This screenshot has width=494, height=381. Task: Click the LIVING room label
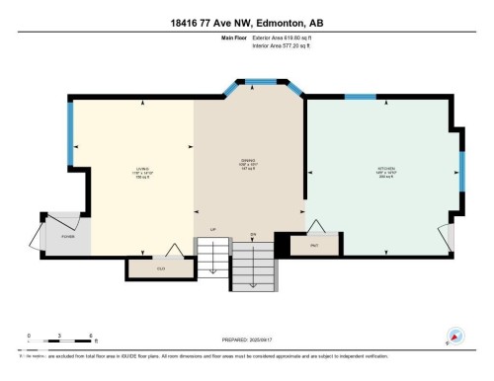[142, 169]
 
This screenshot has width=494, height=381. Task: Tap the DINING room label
[248, 162]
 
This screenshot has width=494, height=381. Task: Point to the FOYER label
[68, 238]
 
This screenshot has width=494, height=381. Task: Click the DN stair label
[253, 234]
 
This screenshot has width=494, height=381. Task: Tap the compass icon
[456, 337]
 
